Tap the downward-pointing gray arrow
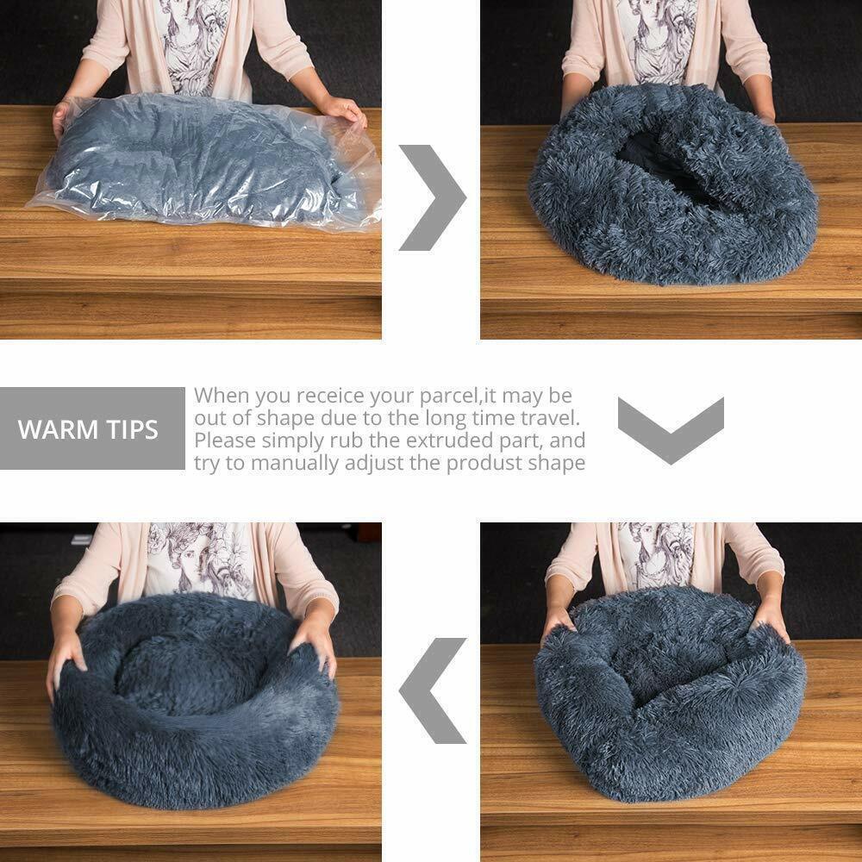(671, 428)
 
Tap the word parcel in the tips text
(445, 396)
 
